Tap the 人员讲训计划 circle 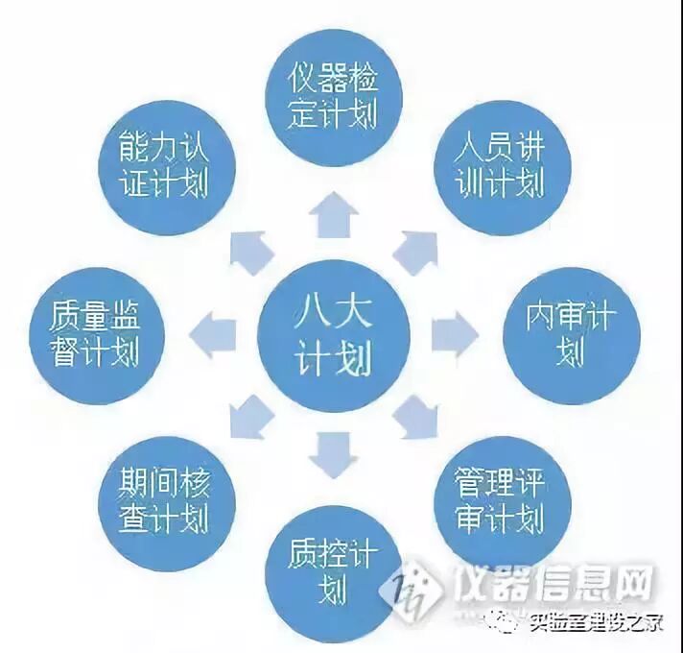[x=496, y=162]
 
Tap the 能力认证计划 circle [x=167, y=164]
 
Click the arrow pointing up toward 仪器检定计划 [x=333, y=214]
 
